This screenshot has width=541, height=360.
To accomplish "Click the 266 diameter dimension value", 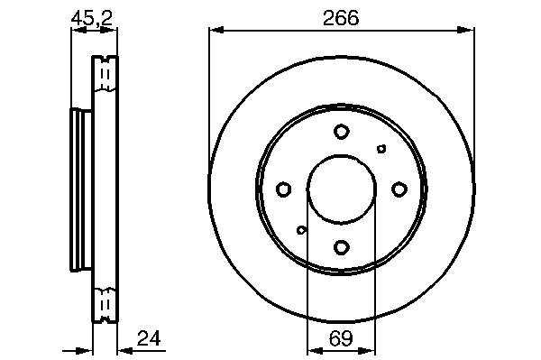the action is point(341,18).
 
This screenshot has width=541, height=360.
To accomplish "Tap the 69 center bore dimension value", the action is point(341,338).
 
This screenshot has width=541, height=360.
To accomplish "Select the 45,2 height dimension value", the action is point(92,18).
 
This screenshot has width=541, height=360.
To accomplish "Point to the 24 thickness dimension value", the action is point(149,338).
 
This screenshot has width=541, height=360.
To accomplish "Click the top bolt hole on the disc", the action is point(342,132).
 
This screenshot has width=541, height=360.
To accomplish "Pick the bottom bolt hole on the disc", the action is point(342,247).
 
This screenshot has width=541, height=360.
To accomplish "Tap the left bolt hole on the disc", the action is point(284,189).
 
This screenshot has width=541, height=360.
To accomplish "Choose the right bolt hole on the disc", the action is point(399,189).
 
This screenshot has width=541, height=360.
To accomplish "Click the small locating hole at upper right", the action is point(381,149).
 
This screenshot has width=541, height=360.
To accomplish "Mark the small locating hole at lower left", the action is point(301,229).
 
